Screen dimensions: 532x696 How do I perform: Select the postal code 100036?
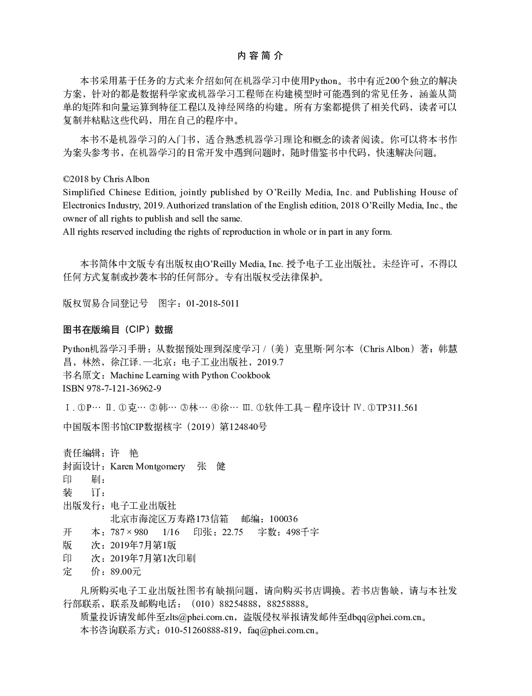click(x=283, y=519)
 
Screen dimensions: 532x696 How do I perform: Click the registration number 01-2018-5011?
click(x=213, y=303)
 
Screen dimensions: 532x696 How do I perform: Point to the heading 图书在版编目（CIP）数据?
click(x=118, y=330)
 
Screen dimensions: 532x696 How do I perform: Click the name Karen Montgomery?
click(x=148, y=466)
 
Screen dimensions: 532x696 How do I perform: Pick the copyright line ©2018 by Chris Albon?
click(x=106, y=179)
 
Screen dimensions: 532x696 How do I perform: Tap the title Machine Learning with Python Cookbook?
click(x=190, y=375)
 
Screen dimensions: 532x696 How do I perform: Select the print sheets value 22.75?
click(x=233, y=532)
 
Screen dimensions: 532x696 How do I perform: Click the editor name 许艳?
click(x=124, y=453)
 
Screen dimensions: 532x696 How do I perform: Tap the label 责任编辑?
click(x=81, y=453)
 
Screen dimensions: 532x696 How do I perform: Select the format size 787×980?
click(x=129, y=532)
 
